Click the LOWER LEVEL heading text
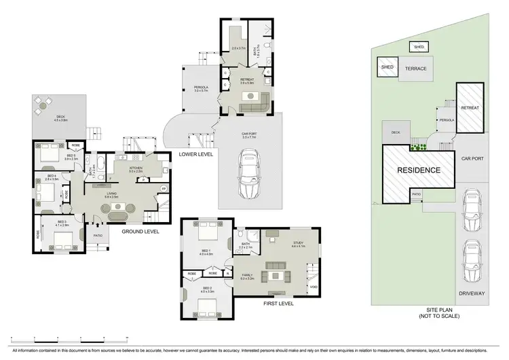pyautogui.click(x=196, y=154)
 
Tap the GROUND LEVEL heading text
pyautogui.click(x=140, y=232)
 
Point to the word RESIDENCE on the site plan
pyautogui.click(x=419, y=170)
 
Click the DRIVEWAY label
pyautogui.click(x=472, y=293)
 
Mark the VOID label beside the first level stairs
pyautogui.click(x=312, y=287)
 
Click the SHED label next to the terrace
pyautogui.click(x=388, y=67)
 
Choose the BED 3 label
pyautogui.click(x=61, y=223)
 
